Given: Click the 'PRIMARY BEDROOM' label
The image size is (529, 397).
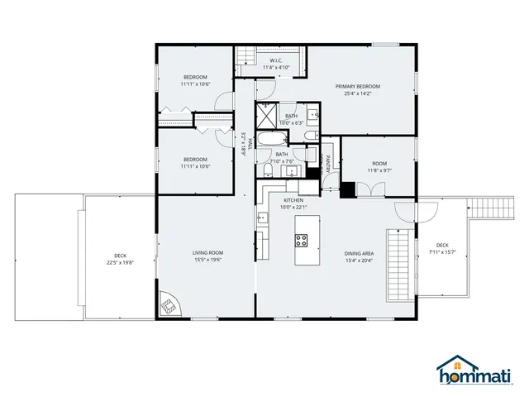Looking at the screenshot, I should pos(357,86).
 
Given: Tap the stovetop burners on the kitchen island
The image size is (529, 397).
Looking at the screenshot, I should pos(302,242).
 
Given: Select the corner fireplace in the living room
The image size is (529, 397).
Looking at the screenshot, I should pos(169,305).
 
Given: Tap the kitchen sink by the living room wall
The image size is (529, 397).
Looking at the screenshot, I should pos(262,218).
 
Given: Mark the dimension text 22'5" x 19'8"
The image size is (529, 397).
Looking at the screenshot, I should pos(120,263).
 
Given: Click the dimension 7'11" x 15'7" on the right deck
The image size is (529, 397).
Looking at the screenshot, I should pos(442,252).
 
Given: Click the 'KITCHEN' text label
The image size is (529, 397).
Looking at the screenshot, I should pos(294,200).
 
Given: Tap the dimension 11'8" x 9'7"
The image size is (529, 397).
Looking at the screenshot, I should pos(379,171).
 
